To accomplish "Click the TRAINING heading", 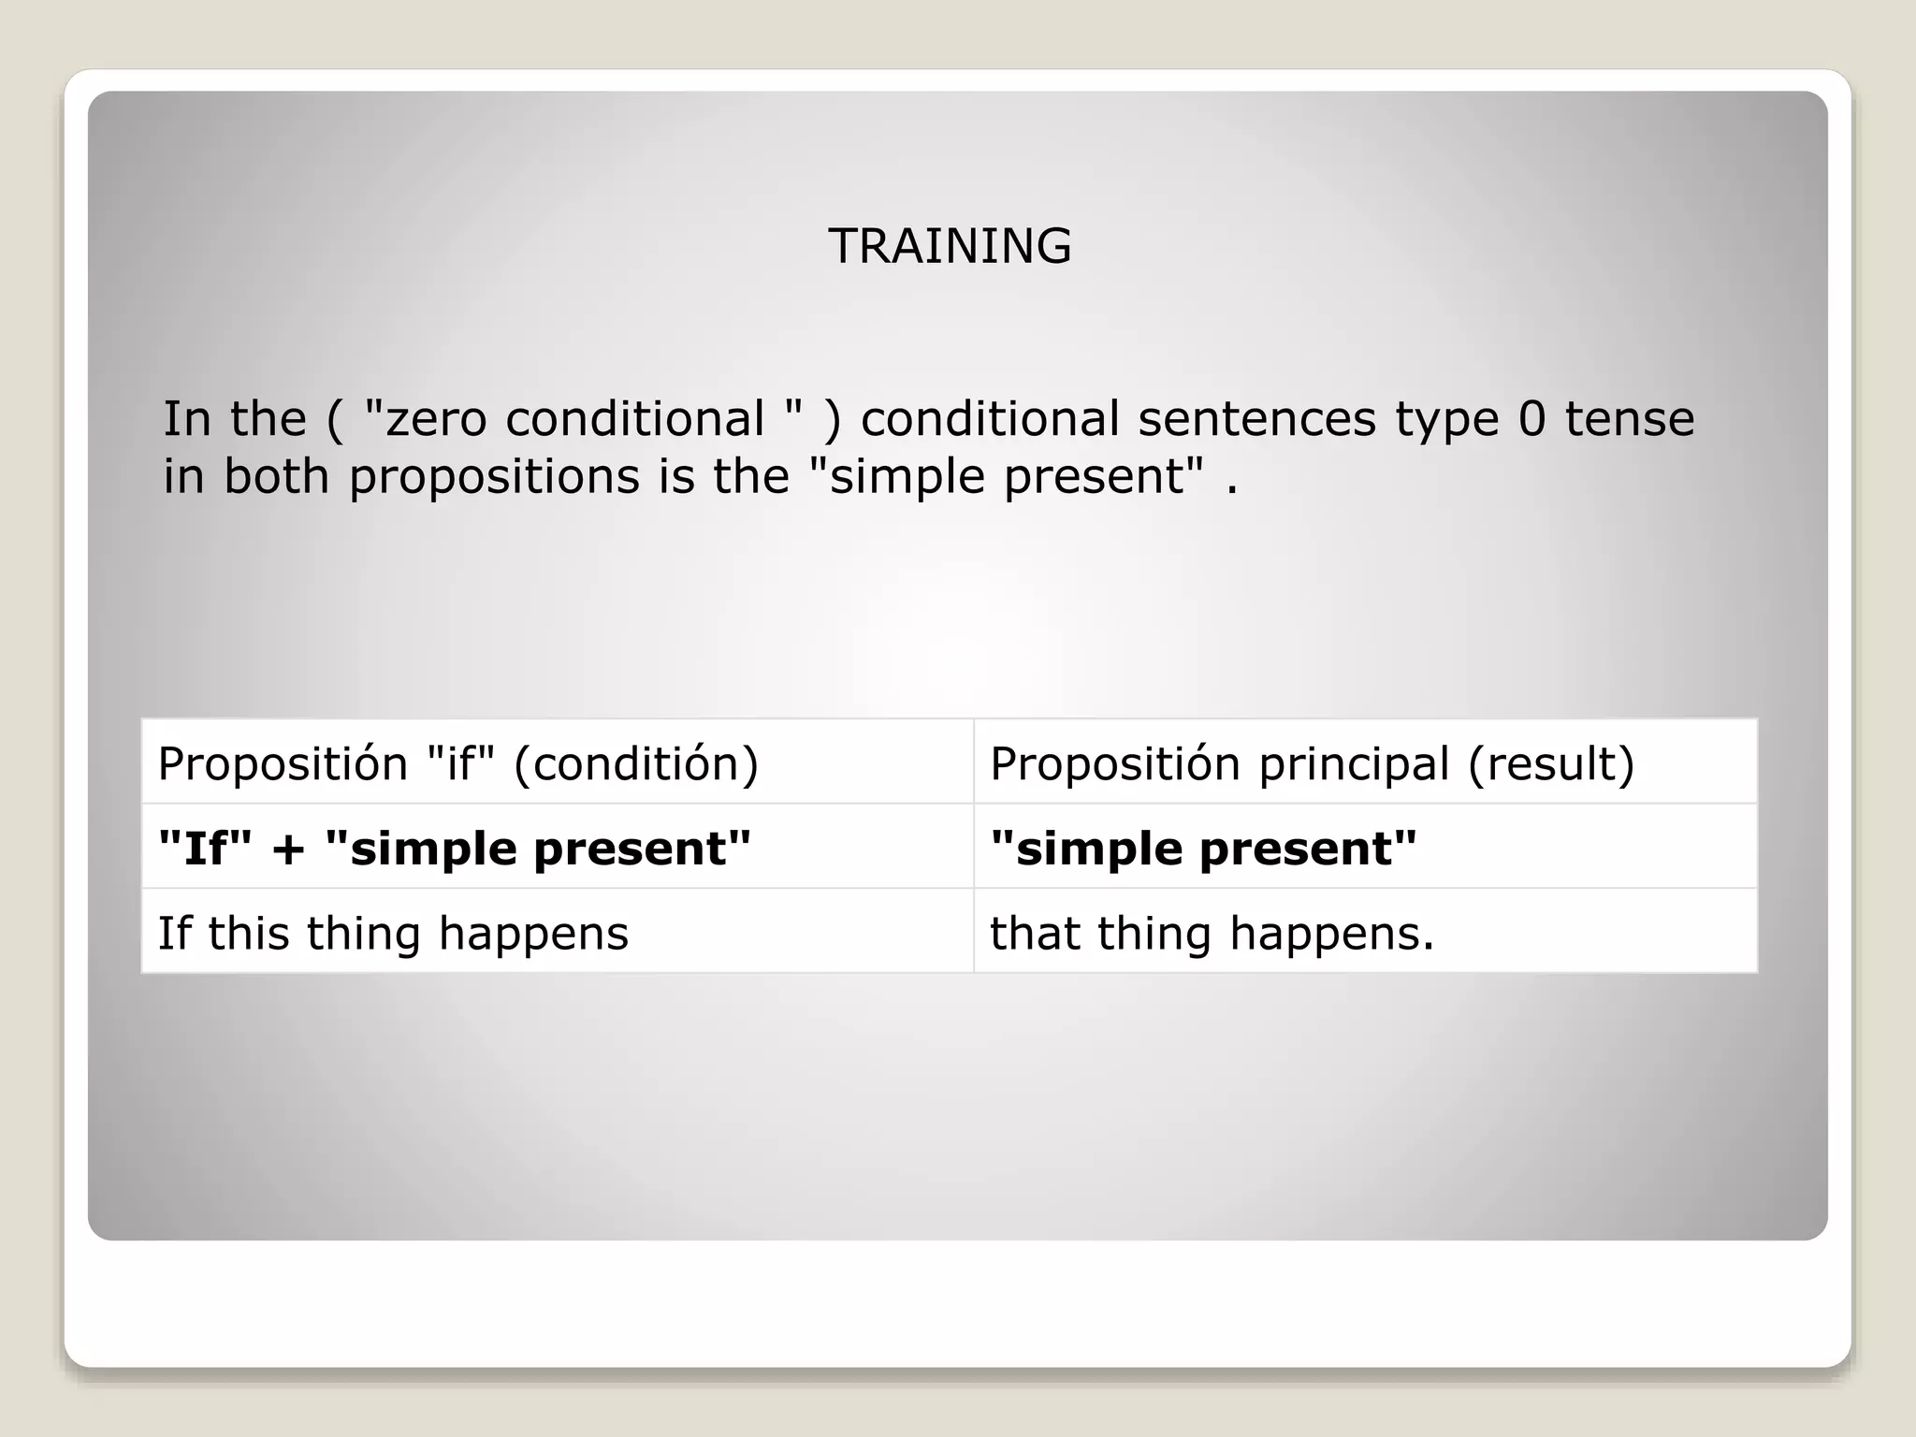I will coord(949,246).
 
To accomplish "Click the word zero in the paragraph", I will coord(436,419).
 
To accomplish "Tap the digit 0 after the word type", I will coord(1531,418).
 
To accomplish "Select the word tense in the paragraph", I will coord(1629,418).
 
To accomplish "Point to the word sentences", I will coord(1256,418).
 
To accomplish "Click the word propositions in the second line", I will coord(494,477).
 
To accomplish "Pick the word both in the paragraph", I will coord(276,476).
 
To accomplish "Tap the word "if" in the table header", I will coord(459,763).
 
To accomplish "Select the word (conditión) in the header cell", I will coord(636,763).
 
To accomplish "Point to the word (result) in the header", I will coord(1550,763).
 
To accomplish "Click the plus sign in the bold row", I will coord(289,849).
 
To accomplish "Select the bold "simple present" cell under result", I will coord(1203,848).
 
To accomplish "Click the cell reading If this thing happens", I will coord(393,933).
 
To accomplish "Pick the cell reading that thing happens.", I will coord(1212,933).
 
